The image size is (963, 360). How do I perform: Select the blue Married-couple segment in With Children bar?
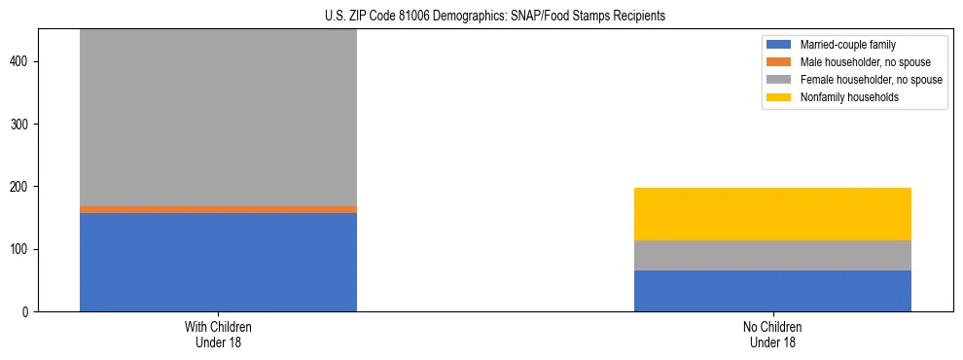[218, 262]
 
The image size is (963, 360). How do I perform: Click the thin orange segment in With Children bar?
[218, 209]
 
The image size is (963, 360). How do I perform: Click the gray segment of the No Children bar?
[772, 255]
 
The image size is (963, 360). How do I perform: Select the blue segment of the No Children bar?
[772, 291]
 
